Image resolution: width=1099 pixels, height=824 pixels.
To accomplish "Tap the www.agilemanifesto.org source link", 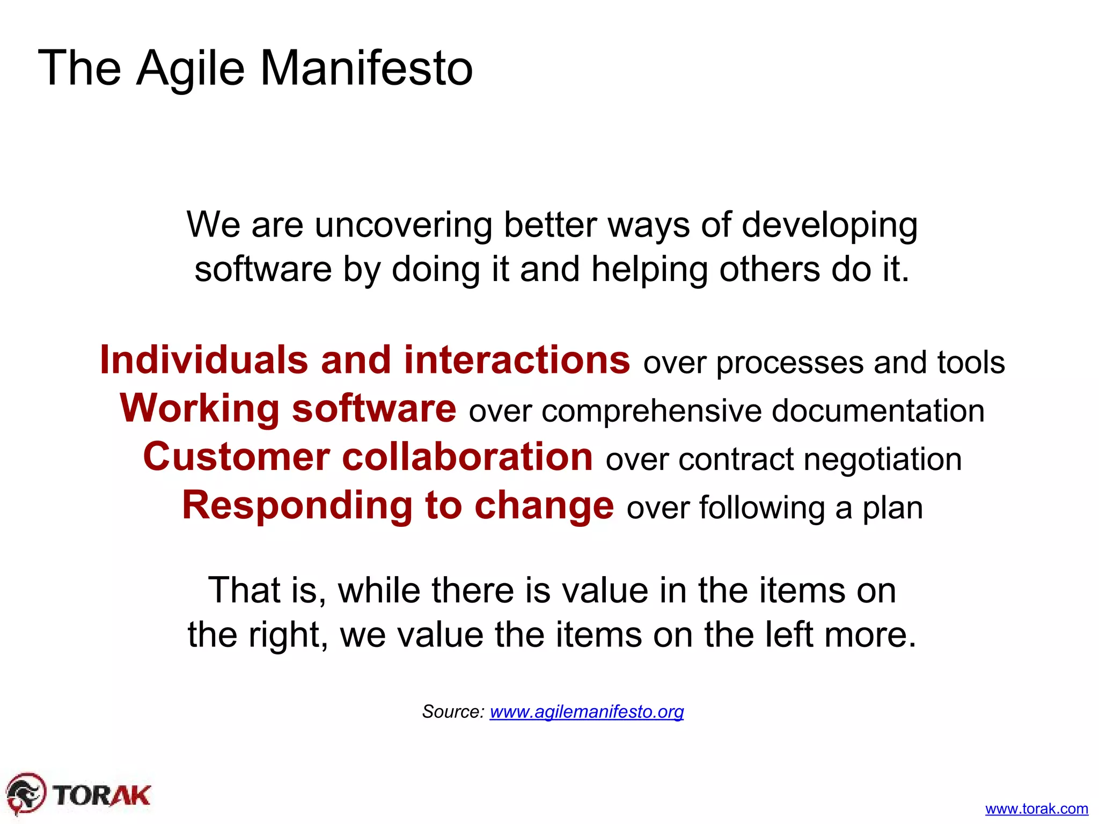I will [587, 711].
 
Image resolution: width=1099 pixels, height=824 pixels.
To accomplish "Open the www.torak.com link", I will [1036, 808].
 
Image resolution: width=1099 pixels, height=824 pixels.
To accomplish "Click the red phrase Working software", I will [288, 409].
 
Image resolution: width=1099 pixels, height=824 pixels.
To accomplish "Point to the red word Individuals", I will [204, 360].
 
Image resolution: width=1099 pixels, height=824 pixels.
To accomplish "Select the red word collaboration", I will [467, 457].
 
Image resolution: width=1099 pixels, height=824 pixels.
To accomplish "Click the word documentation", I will [878, 411].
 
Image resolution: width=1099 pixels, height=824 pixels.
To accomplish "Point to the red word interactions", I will [517, 360].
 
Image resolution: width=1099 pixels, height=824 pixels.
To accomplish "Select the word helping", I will [649, 269].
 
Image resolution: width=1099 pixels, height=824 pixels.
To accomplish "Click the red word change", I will [544, 506].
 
